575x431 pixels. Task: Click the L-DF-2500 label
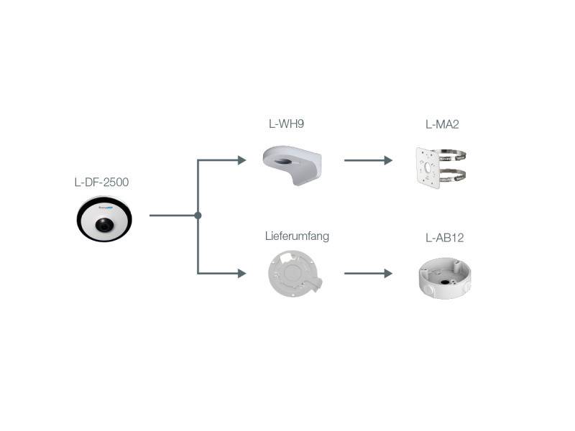coord(101,182)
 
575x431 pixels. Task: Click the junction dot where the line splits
coord(198,215)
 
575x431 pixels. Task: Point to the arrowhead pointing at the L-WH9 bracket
coord(242,160)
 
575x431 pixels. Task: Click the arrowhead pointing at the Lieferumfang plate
coord(242,273)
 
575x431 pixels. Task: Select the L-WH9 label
coord(286,124)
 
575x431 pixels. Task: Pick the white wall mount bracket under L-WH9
coord(293,162)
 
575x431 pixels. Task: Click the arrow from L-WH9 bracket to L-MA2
coord(368,160)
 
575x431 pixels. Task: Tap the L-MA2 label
coord(442,124)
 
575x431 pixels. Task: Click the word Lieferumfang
coord(297,236)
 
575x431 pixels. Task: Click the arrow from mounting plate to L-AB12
coord(368,273)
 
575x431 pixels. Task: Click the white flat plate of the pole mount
coord(429,167)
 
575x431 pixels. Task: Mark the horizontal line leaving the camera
coord(172,215)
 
